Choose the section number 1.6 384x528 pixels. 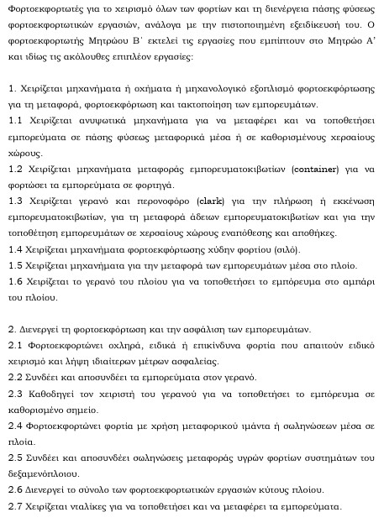(16, 283)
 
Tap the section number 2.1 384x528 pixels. (16, 345)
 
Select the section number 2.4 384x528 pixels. (16, 426)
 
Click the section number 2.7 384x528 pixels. (16, 506)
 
